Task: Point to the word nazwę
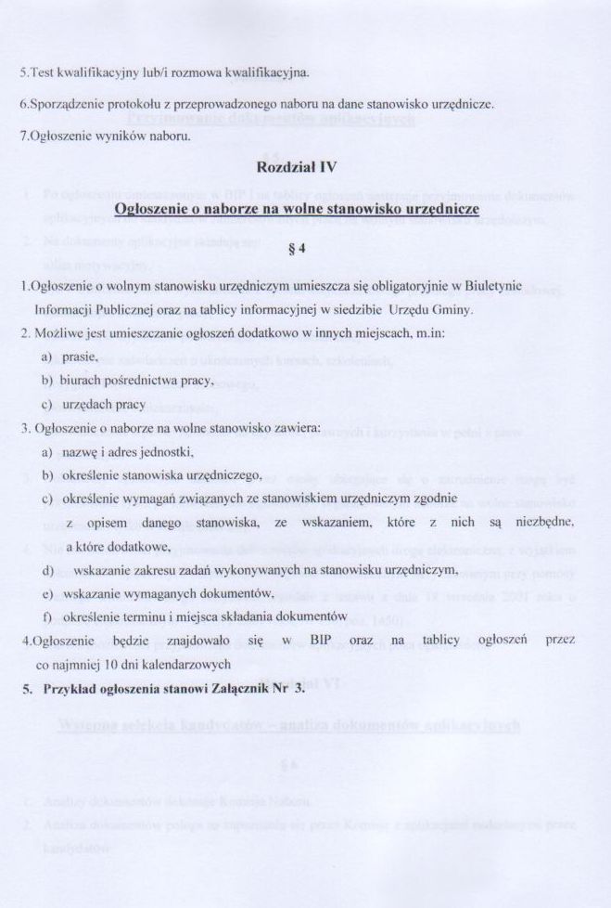click(x=82, y=452)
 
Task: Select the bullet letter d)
click(x=46, y=568)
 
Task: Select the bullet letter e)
click(x=46, y=592)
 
